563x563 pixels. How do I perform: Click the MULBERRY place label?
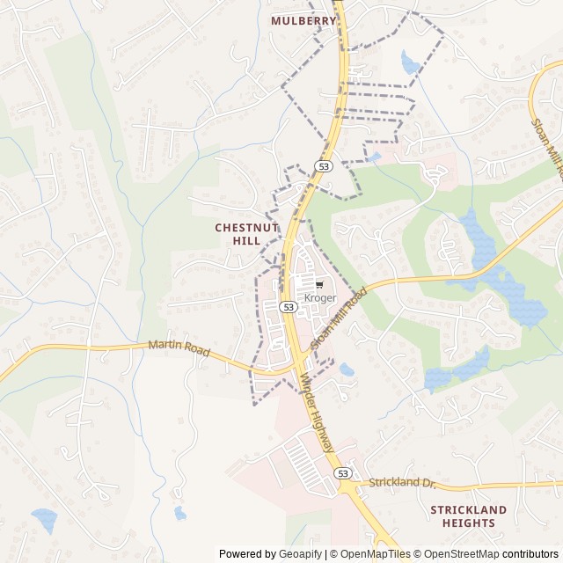tap(303, 20)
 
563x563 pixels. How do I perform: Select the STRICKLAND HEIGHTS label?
tap(469, 516)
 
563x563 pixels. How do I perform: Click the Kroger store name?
tap(320, 298)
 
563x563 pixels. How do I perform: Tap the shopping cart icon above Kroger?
tap(319, 285)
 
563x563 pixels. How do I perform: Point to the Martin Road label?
tap(179, 349)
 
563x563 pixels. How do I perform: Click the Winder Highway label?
tap(318, 414)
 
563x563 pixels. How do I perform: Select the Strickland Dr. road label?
tap(402, 483)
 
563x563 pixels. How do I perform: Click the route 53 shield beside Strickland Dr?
tap(343, 472)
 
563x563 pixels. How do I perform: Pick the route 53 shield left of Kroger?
tap(288, 306)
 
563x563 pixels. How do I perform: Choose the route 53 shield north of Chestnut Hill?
tap(324, 166)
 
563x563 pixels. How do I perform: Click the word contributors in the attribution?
tap(530, 554)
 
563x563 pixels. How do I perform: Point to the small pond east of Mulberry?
tap(410, 62)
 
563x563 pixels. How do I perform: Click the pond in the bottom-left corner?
tap(43, 519)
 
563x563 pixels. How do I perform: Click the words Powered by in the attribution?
tap(246, 554)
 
